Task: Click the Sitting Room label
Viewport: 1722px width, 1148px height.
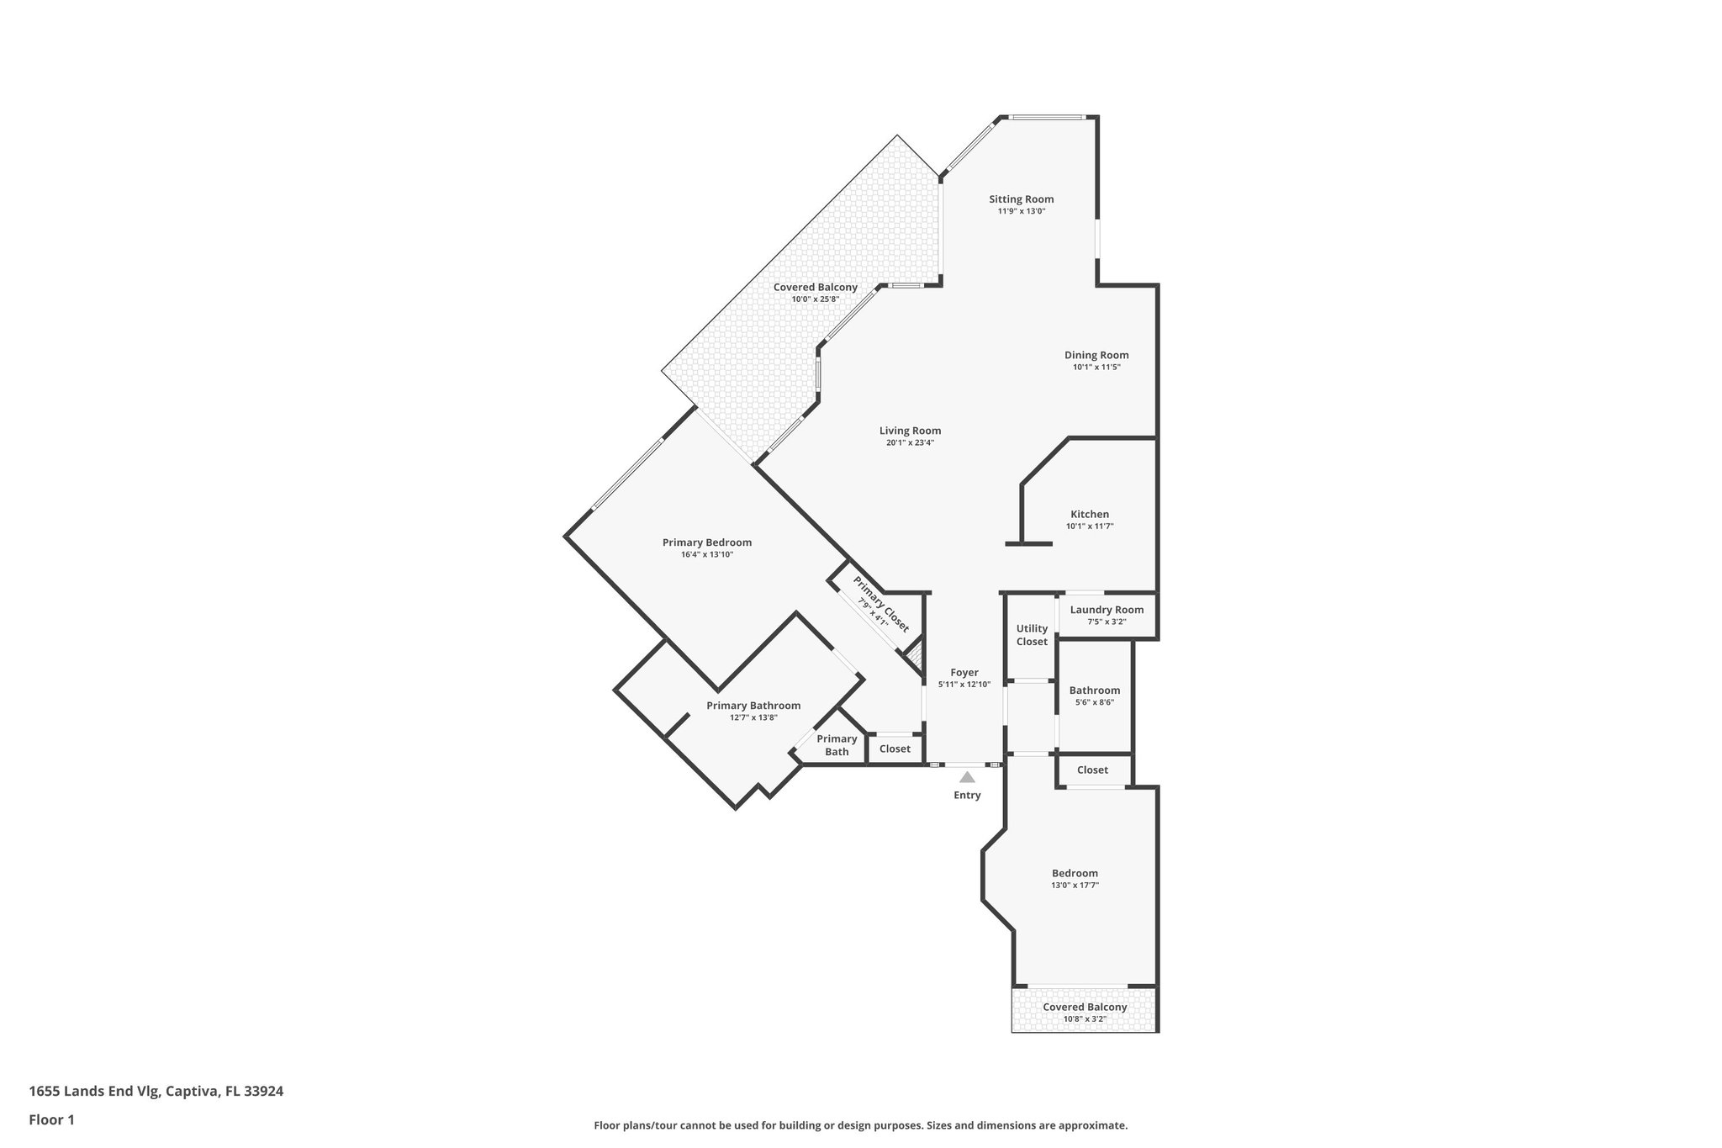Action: (x=1021, y=199)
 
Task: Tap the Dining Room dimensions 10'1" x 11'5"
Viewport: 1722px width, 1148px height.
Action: (x=1096, y=368)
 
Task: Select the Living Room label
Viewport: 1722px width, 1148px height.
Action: (x=910, y=431)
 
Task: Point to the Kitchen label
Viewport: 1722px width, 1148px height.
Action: (x=1089, y=514)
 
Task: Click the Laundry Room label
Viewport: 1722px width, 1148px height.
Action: (x=1107, y=610)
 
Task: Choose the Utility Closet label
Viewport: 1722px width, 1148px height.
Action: (x=1032, y=635)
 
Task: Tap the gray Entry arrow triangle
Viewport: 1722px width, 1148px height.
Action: (x=967, y=777)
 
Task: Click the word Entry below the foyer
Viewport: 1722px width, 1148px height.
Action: (x=967, y=795)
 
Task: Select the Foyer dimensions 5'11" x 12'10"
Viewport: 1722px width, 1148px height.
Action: (x=964, y=685)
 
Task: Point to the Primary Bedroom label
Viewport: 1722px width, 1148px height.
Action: (x=706, y=542)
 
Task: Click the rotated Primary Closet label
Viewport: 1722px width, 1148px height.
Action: (x=880, y=604)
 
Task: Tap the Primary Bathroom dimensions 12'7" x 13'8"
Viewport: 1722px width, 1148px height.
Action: (x=753, y=717)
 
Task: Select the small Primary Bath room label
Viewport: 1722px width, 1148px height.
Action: (x=837, y=745)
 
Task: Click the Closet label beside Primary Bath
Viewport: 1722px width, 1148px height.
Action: (x=895, y=749)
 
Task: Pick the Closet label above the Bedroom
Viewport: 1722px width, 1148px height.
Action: (x=1092, y=770)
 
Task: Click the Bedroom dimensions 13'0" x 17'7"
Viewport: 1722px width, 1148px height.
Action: (x=1075, y=885)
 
